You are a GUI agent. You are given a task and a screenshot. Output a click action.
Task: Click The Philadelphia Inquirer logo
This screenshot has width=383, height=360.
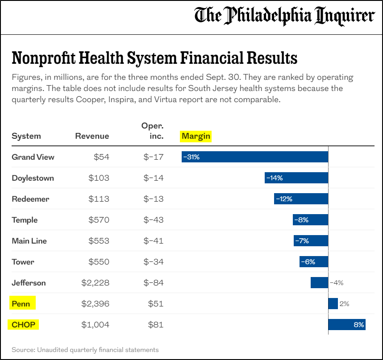pyautogui.click(x=284, y=17)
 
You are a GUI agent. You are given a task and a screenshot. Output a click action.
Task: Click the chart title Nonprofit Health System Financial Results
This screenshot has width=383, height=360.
pyautogui.click(x=154, y=58)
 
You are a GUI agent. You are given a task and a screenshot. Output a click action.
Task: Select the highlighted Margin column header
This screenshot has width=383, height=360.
pyautogui.click(x=196, y=136)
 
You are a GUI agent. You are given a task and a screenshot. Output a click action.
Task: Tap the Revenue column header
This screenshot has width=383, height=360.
pyautogui.click(x=92, y=136)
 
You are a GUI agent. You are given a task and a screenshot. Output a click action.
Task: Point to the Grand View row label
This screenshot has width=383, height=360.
pyautogui.click(x=33, y=157)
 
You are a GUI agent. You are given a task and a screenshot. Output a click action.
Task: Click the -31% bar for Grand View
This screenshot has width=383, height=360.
pyautogui.click(x=254, y=157)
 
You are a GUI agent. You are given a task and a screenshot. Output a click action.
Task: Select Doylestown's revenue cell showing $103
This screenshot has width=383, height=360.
pyautogui.click(x=99, y=178)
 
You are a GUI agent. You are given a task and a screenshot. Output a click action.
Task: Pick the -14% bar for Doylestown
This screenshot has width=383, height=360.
pyautogui.click(x=296, y=178)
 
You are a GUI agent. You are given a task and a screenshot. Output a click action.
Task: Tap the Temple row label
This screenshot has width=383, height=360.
pyautogui.click(x=25, y=220)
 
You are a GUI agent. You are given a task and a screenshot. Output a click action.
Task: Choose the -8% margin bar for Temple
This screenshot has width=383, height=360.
pyautogui.click(x=310, y=220)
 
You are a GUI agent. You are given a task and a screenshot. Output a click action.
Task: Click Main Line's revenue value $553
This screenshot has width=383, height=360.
pyautogui.click(x=99, y=241)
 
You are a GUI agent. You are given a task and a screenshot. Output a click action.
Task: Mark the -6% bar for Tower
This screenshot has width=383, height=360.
pyautogui.click(x=313, y=262)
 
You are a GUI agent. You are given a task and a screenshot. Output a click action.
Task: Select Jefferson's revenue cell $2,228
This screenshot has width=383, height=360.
pyautogui.click(x=95, y=283)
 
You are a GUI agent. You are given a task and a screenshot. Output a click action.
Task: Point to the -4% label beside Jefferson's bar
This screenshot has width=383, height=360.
pyautogui.click(x=337, y=283)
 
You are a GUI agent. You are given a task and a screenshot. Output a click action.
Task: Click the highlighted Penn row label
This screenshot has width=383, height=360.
pyautogui.click(x=21, y=304)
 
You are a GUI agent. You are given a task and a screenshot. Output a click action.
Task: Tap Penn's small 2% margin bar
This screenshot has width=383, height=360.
pyautogui.click(x=333, y=304)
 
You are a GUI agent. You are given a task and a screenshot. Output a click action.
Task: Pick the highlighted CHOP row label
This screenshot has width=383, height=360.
pyautogui.click(x=23, y=325)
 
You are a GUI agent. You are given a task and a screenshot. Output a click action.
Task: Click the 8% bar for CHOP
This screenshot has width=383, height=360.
pyautogui.click(x=346, y=325)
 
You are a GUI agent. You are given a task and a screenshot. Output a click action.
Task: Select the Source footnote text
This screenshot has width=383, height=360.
pyautogui.click(x=85, y=350)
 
